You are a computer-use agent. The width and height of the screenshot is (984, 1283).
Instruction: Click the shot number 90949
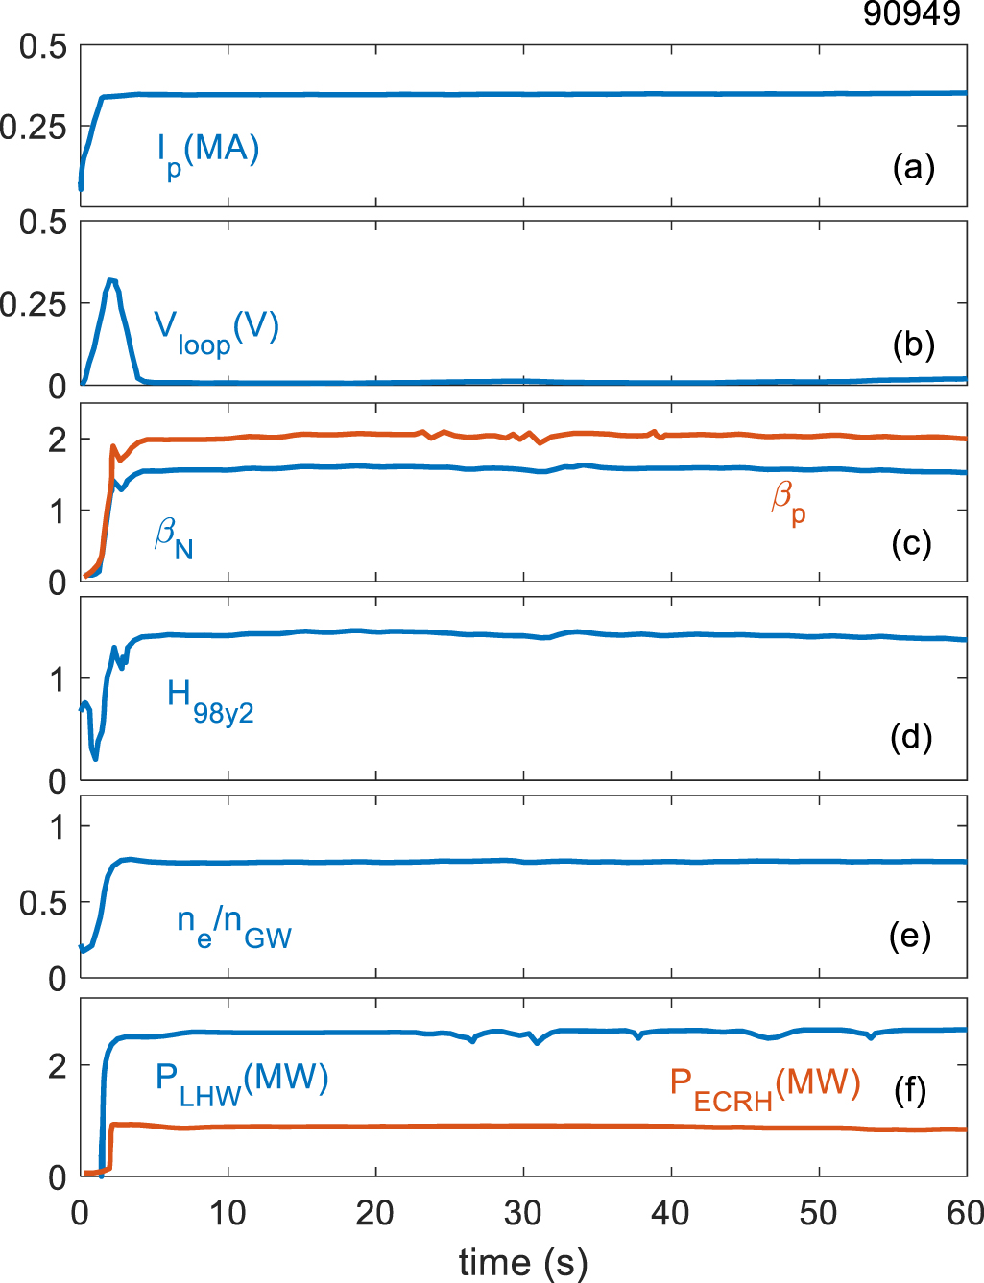click(x=911, y=13)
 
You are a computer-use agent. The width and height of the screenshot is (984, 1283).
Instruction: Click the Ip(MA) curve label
click(x=208, y=154)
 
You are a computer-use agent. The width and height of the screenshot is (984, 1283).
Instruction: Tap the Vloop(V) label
click(x=216, y=331)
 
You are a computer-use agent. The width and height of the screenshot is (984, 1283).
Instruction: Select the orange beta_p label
click(x=788, y=503)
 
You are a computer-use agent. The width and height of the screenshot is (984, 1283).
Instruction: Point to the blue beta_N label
click(x=174, y=538)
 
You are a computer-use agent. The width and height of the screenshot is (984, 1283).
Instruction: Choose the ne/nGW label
click(x=233, y=927)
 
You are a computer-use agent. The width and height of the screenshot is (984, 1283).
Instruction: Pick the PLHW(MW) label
click(x=242, y=1082)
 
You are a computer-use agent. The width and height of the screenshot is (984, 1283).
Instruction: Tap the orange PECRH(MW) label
click(x=764, y=1089)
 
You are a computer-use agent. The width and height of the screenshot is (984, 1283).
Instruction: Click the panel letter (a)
click(x=912, y=167)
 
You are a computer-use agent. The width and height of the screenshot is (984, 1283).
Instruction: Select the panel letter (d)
click(x=911, y=737)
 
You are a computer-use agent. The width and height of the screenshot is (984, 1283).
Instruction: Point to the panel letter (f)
click(x=909, y=1090)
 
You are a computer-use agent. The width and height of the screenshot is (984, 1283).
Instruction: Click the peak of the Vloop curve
click(x=112, y=280)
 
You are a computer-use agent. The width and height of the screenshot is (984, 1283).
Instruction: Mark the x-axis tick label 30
click(x=523, y=1214)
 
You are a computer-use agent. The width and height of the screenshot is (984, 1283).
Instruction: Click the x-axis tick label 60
click(x=964, y=1214)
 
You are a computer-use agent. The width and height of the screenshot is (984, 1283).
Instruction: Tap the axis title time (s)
click(x=523, y=1262)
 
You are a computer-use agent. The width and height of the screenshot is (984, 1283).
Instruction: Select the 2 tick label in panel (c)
click(x=58, y=440)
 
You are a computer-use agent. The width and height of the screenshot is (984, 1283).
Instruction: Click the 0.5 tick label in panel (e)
click(x=42, y=903)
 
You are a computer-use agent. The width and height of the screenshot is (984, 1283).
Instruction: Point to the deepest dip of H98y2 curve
click(x=95, y=758)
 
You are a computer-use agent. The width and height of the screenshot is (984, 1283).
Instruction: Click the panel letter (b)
click(x=912, y=345)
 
